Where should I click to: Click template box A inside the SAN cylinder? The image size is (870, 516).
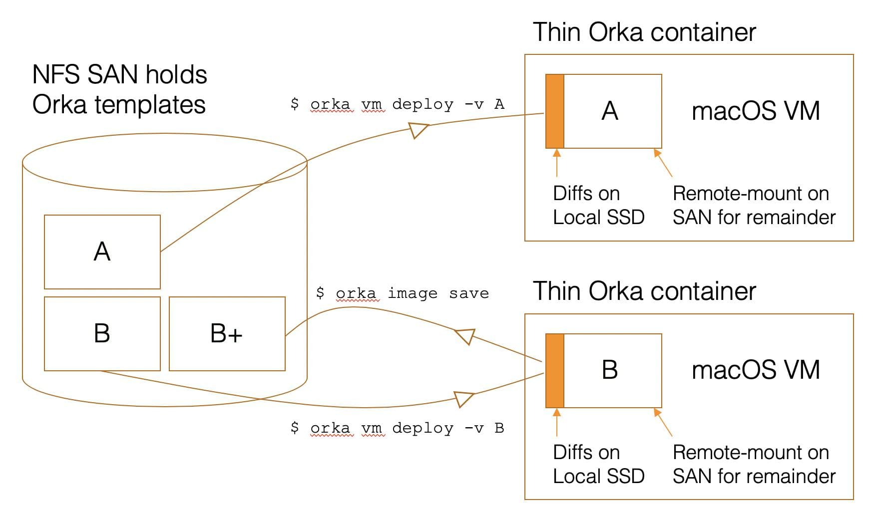tap(102, 252)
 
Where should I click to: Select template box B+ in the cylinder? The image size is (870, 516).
tap(227, 333)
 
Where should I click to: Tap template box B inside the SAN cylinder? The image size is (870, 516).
tap(102, 333)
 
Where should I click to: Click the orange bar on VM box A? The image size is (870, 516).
tap(554, 111)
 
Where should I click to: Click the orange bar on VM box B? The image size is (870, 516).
tap(554, 370)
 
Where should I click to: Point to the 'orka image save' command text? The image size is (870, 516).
tap(402, 293)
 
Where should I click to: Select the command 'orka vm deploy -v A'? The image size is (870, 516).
tap(397, 104)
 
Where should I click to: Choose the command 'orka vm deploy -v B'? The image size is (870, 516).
tap(397, 428)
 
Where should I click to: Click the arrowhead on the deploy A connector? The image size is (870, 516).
tap(418, 130)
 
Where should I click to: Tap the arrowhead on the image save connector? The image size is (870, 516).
tap(465, 336)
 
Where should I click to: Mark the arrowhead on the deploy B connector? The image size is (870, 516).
tap(463, 399)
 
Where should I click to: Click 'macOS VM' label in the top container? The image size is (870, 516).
tap(756, 111)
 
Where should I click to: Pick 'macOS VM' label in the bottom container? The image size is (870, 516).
tap(756, 370)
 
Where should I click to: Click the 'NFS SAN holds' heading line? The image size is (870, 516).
tap(119, 75)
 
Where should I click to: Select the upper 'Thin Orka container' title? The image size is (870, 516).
tap(644, 32)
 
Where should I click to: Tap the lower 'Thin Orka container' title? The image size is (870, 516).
tap(644, 291)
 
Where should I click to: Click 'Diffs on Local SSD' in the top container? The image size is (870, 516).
tap(598, 205)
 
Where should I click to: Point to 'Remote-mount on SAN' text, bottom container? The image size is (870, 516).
tap(753, 464)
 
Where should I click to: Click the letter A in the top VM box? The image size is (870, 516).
tap(610, 111)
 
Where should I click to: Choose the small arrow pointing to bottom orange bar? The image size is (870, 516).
tap(557, 422)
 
